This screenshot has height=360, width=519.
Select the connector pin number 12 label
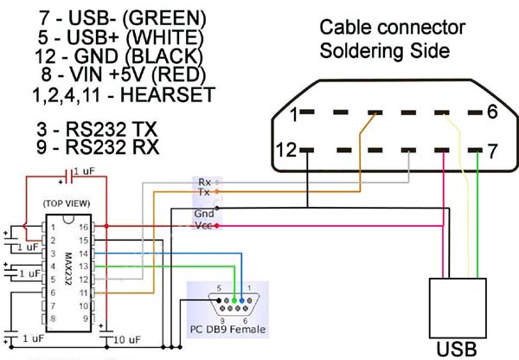tap(288, 151)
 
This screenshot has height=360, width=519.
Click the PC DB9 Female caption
tap(227, 330)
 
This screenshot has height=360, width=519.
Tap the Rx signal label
tap(204, 182)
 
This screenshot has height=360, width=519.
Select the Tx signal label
tap(204, 192)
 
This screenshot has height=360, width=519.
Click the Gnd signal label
tap(205, 214)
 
